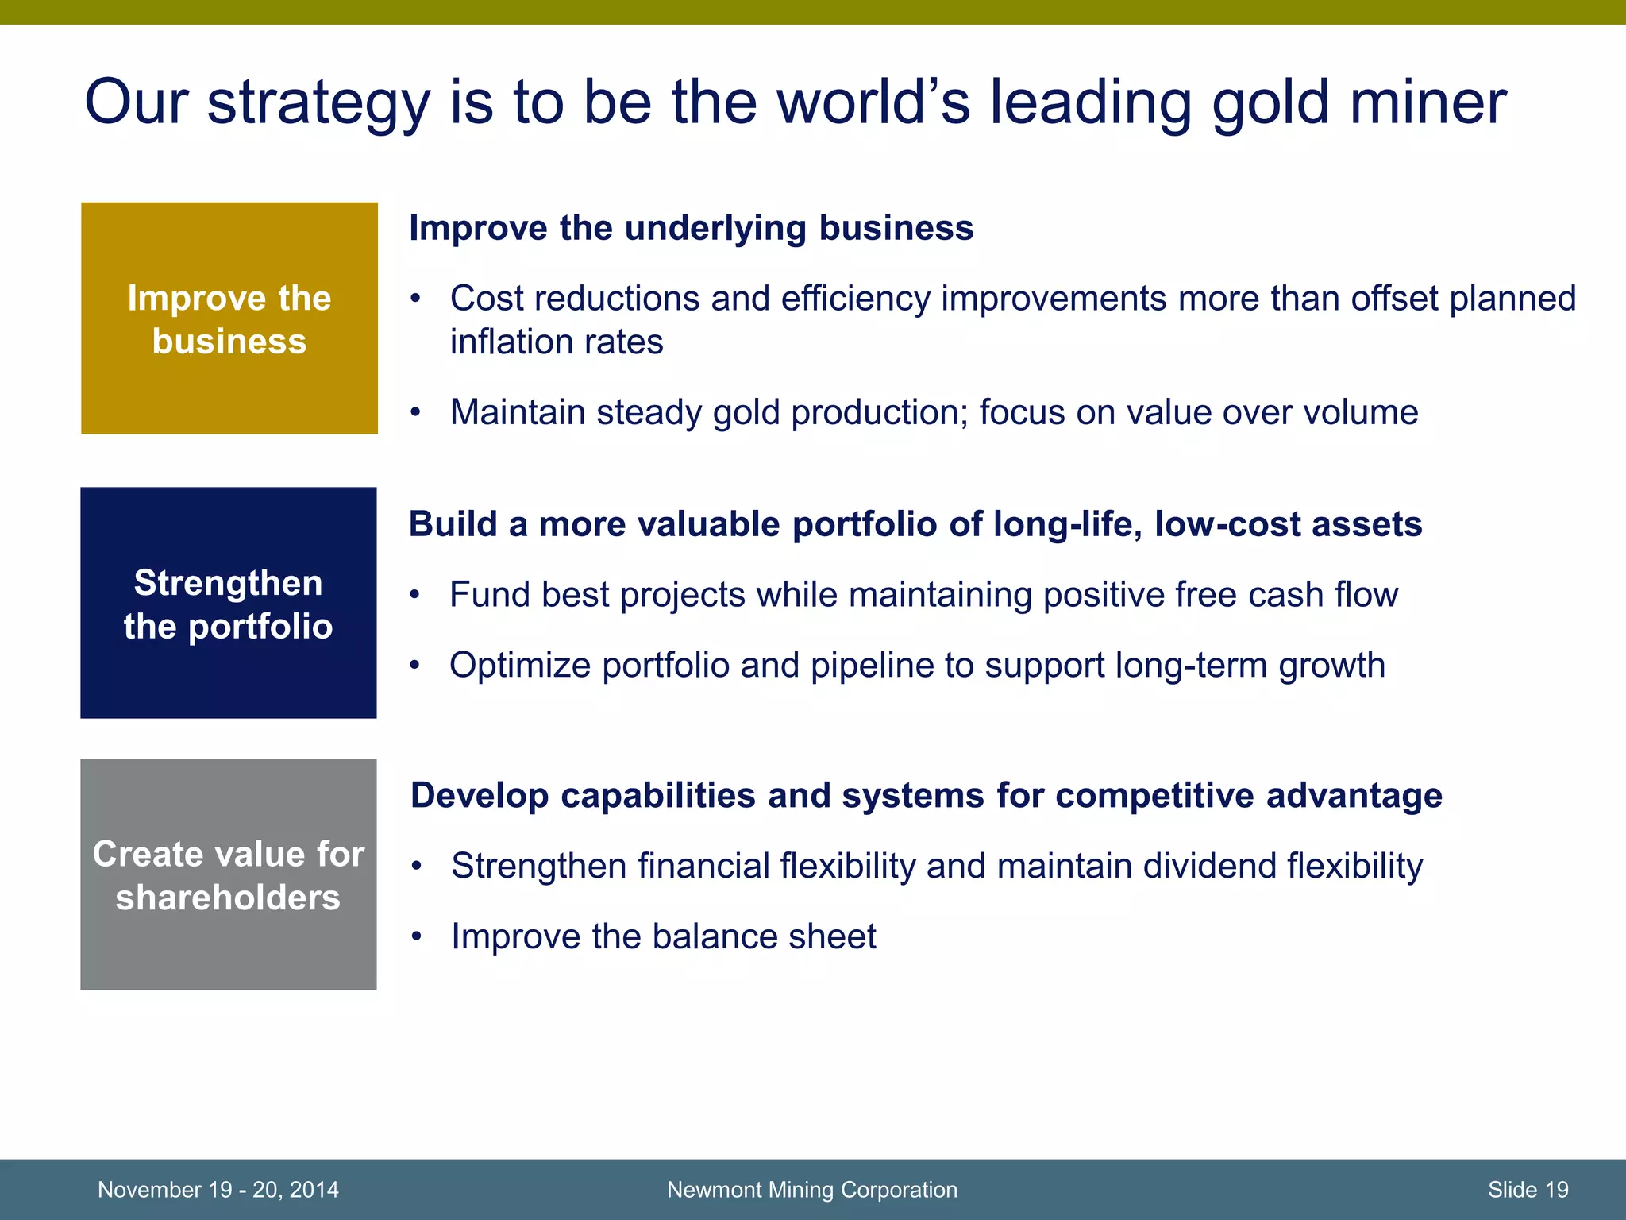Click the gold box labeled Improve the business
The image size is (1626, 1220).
click(x=229, y=319)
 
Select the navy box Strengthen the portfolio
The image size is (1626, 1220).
click(x=229, y=604)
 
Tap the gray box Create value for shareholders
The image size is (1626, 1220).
click(x=229, y=874)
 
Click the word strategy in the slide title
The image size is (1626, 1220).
click(x=318, y=103)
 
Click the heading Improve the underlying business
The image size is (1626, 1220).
click(x=691, y=228)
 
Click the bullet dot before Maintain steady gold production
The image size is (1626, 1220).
click(x=415, y=413)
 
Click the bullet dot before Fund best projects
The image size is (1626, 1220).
click(x=414, y=595)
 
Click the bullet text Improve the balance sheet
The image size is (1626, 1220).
click(x=663, y=936)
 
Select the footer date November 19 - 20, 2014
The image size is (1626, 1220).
click(x=218, y=1190)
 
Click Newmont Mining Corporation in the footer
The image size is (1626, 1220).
click(x=811, y=1190)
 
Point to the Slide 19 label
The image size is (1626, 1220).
click(x=1528, y=1190)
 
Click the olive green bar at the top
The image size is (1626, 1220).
click(x=813, y=12)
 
